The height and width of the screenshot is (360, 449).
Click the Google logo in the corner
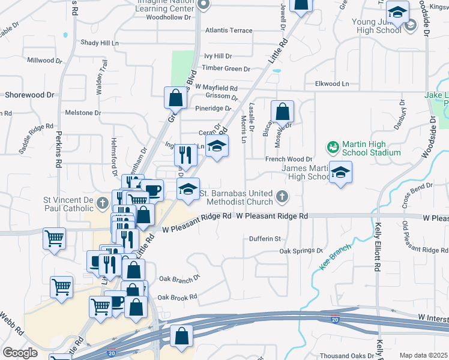[20, 353]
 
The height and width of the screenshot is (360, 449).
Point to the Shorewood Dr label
[29, 95]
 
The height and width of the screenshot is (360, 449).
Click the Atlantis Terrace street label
[229, 30]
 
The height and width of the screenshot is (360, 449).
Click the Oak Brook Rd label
[177, 297]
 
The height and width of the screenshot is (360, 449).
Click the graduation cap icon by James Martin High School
[340, 173]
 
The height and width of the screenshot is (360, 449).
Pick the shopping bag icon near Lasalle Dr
[282, 112]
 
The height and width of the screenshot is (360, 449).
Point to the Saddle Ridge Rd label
[37, 138]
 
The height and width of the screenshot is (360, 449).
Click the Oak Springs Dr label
[301, 251]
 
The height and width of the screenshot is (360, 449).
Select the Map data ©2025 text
[423, 355]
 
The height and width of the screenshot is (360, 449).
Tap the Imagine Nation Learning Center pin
[203, 5]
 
